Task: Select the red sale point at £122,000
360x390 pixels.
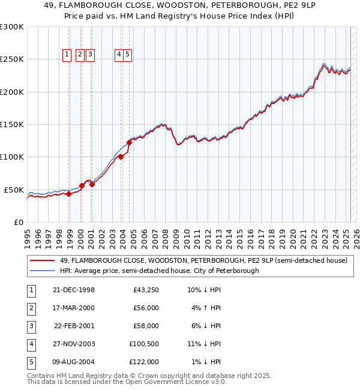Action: [x=129, y=142]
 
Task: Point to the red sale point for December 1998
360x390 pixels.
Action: [x=69, y=194]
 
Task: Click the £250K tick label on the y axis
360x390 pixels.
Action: [x=12, y=59]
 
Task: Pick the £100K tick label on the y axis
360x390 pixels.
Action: [x=12, y=157]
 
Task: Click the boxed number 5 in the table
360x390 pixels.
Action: [x=31, y=362]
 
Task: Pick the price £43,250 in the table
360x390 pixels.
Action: [x=145, y=290]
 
